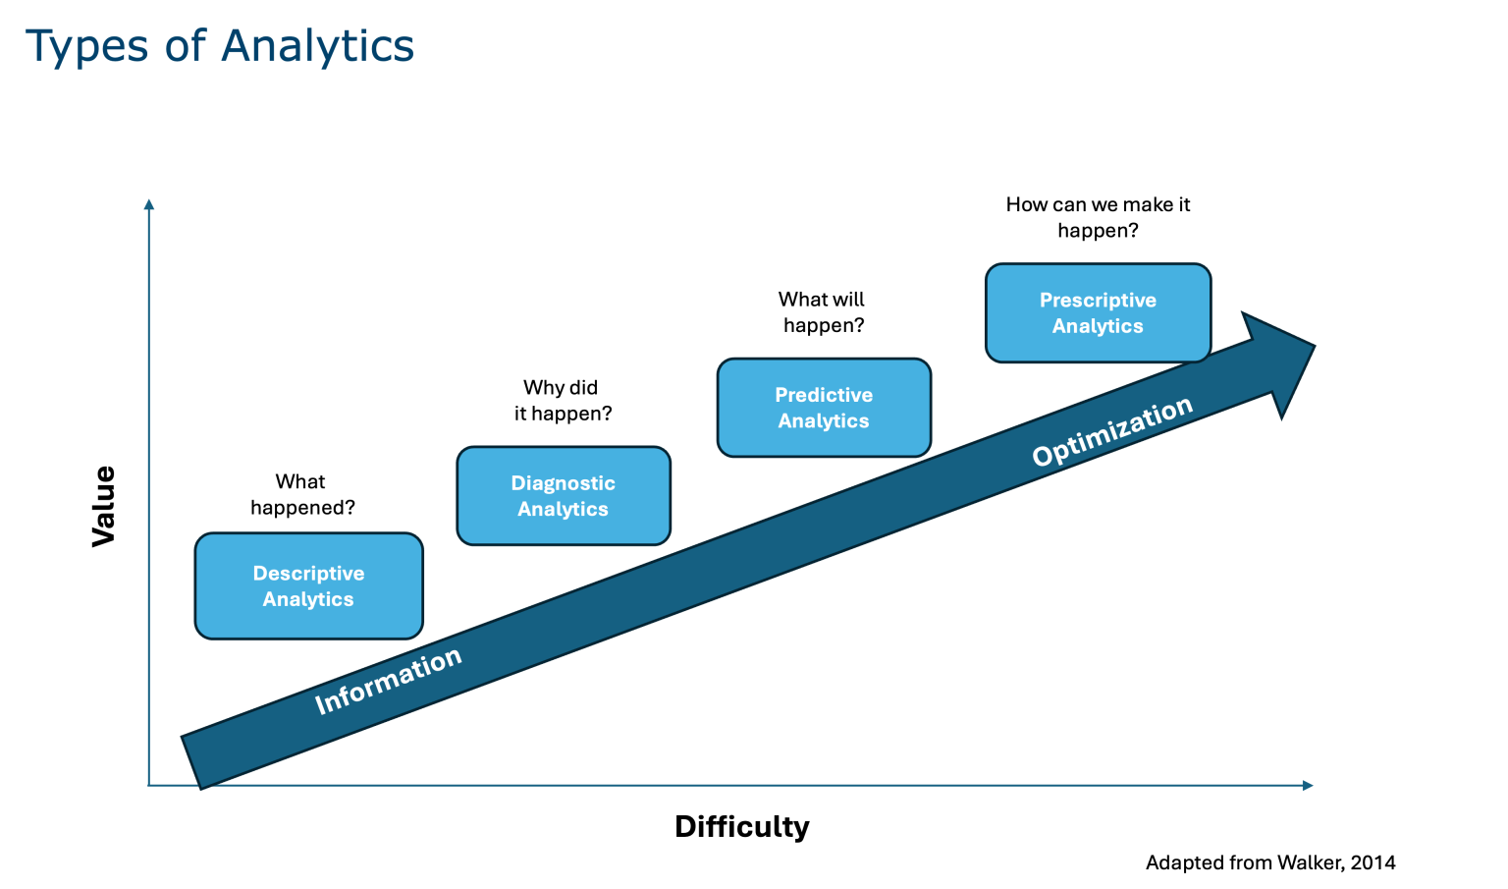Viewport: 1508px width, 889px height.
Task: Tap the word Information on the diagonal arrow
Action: (x=388, y=680)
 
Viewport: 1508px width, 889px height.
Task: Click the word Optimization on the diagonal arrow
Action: (x=1112, y=431)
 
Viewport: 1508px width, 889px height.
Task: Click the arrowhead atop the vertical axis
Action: (x=149, y=204)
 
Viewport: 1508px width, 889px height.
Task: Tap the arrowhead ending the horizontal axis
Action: (x=1308, y=785)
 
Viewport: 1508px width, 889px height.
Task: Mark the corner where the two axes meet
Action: (x=149, y=785)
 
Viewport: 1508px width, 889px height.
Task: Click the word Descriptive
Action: (x=308, y=573)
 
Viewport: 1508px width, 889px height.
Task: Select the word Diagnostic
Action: (x=563, y=483)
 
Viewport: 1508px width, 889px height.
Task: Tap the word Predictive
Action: (x=824, y=395)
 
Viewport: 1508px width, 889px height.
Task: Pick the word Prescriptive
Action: (x=1098, y=300)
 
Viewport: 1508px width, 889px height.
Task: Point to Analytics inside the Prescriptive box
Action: (x=1098, y=326)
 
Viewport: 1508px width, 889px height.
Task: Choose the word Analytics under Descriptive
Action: (x=308, y=599)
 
